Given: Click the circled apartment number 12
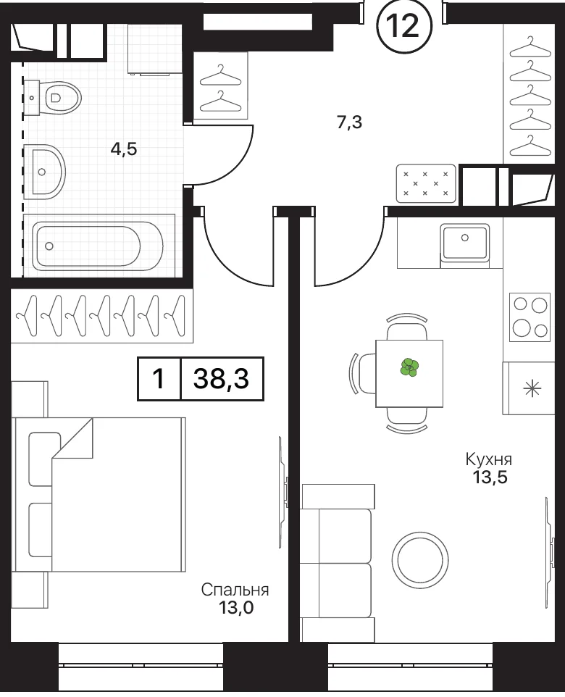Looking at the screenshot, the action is (x=404, y=25).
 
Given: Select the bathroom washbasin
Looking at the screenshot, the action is (x=44, y=171).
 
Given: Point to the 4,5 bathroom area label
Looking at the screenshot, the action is (x=124, y=149).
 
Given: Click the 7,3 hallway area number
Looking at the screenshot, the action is (x=350, y=122).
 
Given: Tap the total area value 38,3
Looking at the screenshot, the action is (x=222, y=379).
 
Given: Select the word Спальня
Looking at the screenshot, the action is (x=235, y=590).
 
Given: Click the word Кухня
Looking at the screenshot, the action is (x=488, y=459).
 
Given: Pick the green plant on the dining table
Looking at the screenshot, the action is (x=409, y=367).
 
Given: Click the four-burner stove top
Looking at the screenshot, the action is (x=530, y=317).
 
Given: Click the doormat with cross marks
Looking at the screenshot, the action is (x=426, y=184).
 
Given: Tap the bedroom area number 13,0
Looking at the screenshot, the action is (x=235, y=607).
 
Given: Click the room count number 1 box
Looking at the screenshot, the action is (x=159, y=379).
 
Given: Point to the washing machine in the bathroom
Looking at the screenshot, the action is (x=155, y=49).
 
